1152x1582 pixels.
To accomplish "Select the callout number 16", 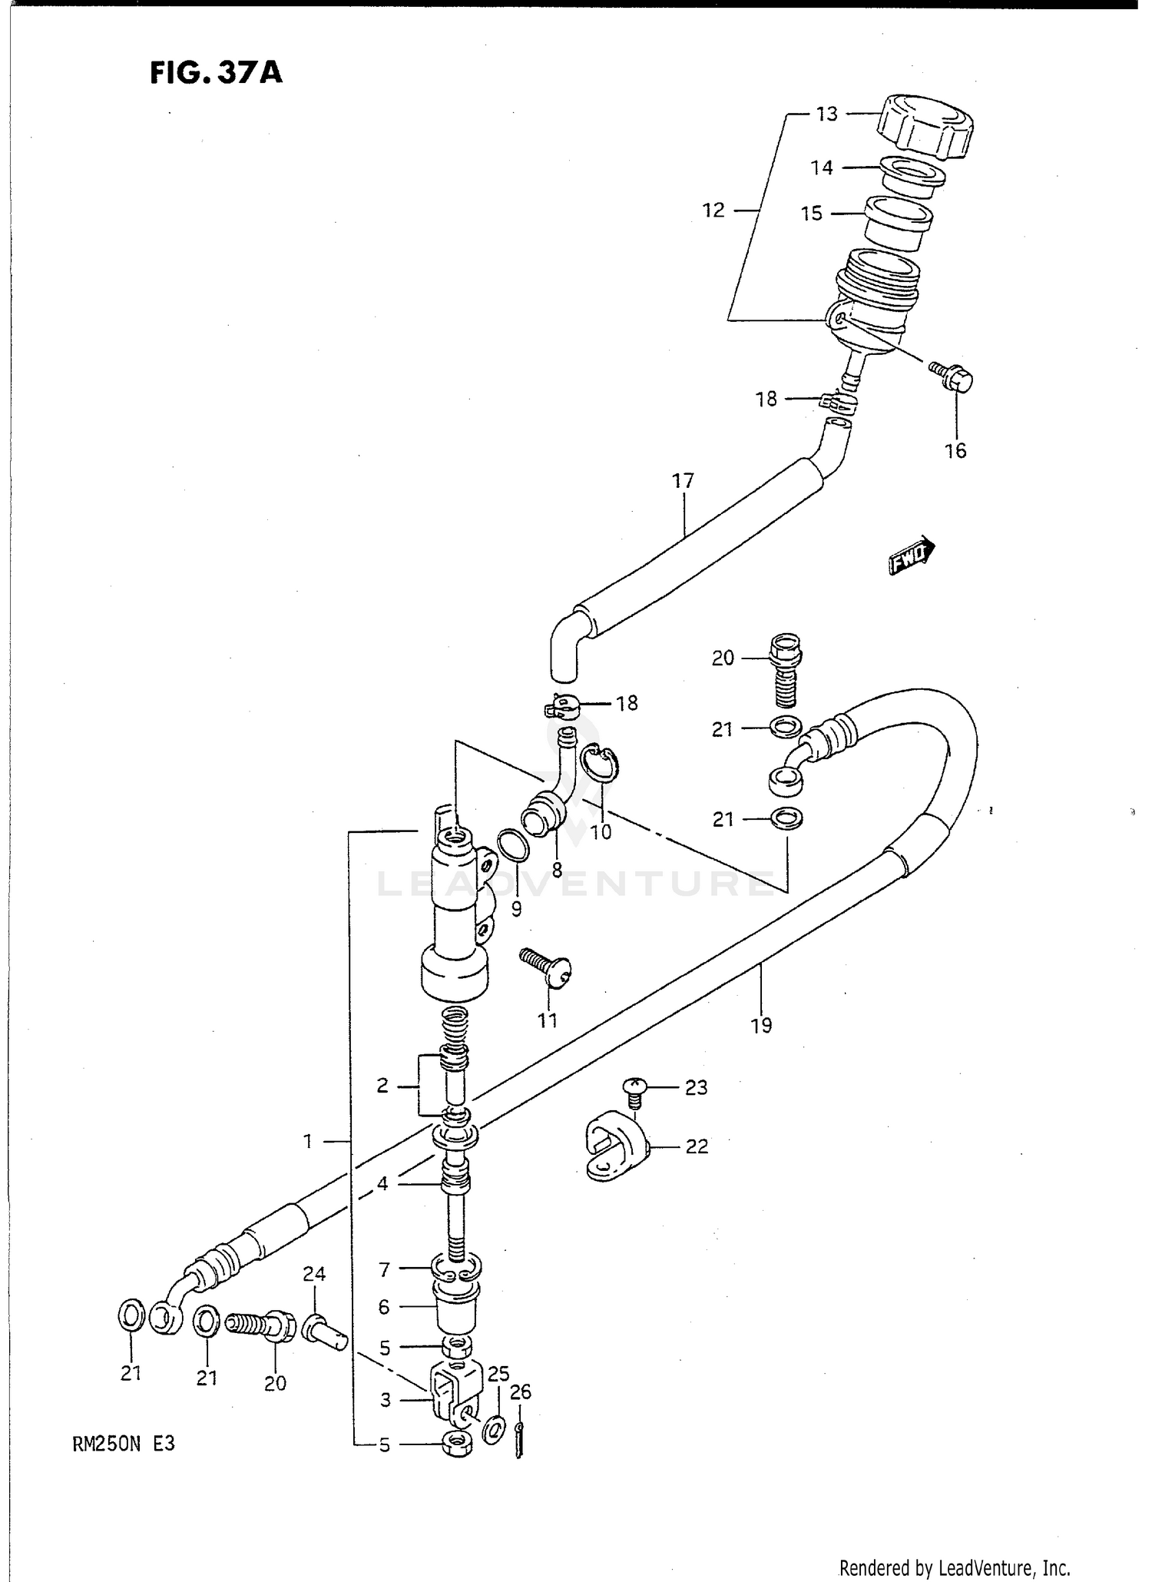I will click(955, 451).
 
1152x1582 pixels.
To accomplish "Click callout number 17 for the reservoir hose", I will click(683, 481).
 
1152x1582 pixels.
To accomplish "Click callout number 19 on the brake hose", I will click(761, 1025).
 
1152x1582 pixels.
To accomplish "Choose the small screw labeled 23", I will click(634, 1092).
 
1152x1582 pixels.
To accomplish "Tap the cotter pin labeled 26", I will click(521, 1438).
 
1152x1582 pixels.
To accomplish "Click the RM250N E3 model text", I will click(124, 1444).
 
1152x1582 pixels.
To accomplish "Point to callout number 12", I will click(713, 210).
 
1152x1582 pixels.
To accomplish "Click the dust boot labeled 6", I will click(457, 1307).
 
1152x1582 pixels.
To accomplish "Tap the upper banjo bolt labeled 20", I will click(785, 668).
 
